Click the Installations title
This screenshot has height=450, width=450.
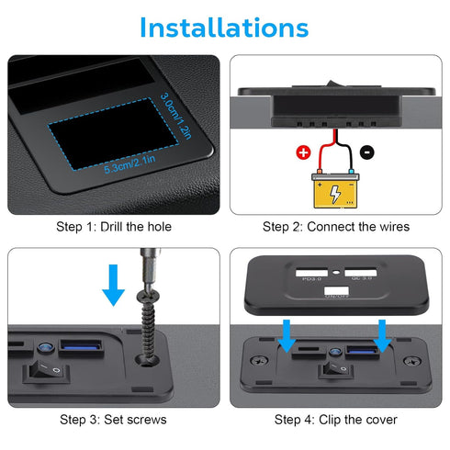pyautogui.click(x=224, y=27)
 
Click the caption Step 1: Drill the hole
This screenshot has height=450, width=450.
pyautogui.click(x=114, y=227)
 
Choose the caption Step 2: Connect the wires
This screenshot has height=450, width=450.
pyautogui.click(x=335, y=227)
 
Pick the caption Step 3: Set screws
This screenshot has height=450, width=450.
pyautogui.click(x=114, y=420)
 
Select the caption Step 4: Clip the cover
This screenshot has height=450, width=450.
pyautogui.click(x=335, y=420)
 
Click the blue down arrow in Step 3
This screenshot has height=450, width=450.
pyautogui.click(x=113, y=284)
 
